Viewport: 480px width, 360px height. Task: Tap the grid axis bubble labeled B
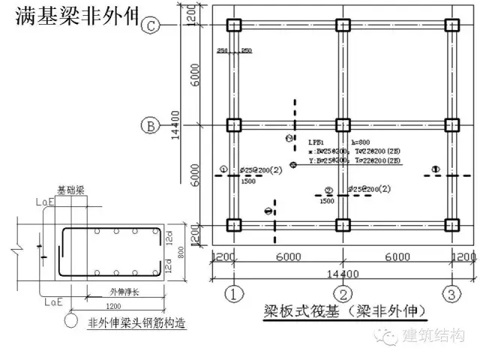(151, 125)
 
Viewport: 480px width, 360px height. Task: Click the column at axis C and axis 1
(233, 24)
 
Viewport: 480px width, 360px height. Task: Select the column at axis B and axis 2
(343, 124)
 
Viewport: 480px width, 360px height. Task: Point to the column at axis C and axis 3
(452, 24)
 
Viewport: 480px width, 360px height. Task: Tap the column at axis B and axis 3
(452, 124)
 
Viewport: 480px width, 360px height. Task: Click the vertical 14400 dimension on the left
(175, 124)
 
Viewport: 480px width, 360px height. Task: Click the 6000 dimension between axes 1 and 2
(288, 256)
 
